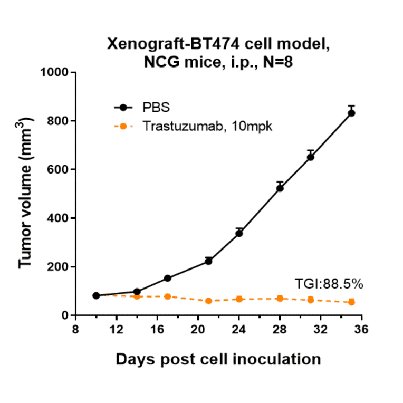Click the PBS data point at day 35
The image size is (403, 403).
[x=351, y=113]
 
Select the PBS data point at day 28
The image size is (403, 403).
[x=280, y=188]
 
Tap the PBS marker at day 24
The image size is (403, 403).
[x=239, y=233]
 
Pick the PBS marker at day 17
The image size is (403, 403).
[x=168, y=278]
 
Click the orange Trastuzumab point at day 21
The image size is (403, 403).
[x=208, y=301]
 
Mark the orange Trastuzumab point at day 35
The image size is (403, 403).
[x=351, y=302]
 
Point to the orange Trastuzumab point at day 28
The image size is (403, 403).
[x=280, y=299]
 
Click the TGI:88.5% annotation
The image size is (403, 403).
[x=328, y=284]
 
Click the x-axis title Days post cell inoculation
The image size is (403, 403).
[x=218, y=359]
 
